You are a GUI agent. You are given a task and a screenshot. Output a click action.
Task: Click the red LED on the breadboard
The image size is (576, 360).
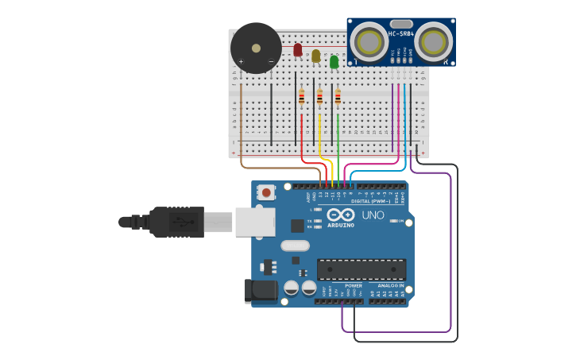coord(298,50)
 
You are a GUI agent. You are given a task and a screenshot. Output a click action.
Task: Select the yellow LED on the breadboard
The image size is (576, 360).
coord(316,56)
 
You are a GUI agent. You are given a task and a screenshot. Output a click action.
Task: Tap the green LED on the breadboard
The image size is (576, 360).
coord(334,61)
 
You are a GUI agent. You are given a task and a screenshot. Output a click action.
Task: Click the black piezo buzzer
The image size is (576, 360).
coord(256,48)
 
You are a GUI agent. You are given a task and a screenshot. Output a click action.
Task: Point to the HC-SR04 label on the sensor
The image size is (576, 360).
coord(399,33)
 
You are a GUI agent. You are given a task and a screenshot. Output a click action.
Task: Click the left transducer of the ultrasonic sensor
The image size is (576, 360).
coord(367,41)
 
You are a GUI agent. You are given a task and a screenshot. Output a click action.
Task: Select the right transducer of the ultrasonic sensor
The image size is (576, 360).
coord(431,41)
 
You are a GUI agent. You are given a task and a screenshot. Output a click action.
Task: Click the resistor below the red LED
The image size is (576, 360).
coord(302,98)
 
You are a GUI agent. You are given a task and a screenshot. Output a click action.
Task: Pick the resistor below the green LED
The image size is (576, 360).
coord(338,98)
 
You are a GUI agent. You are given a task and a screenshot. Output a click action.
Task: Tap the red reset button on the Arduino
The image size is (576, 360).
coord(266,192)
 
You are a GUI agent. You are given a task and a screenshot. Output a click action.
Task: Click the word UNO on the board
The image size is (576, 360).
coord(373,215)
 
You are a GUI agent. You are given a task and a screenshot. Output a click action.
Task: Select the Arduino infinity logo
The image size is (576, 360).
coord(340,215)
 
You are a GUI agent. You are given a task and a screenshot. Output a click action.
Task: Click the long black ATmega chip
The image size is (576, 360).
coord(361,269)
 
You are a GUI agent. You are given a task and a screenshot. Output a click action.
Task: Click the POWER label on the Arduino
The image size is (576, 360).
coord(354,285)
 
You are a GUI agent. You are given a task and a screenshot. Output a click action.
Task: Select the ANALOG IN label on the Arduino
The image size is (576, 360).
coord(391,285)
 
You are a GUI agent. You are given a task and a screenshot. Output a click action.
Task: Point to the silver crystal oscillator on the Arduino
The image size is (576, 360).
coord(294,246)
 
